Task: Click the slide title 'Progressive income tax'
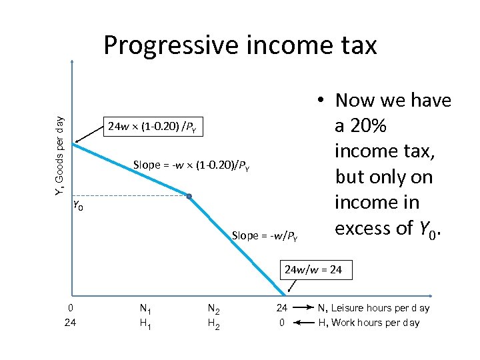tap(240, 45)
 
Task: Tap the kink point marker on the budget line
tap(189, 196)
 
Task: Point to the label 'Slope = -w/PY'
tap(265, 235)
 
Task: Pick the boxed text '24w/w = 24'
tap(313, 270)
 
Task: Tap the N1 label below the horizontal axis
tap(144, 309)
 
